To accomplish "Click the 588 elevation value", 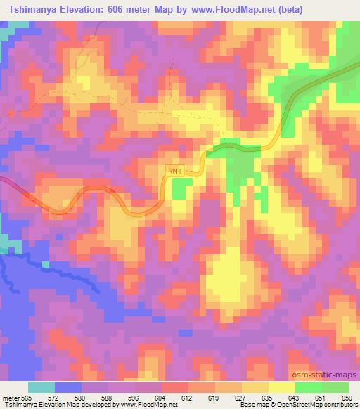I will click(105, 396).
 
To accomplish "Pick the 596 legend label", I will click(132, 396).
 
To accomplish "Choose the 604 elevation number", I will click(160, 396).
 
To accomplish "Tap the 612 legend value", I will click(186, 396).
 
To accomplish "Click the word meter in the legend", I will click(9, 396).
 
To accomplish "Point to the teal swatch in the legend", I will click(41, 387).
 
